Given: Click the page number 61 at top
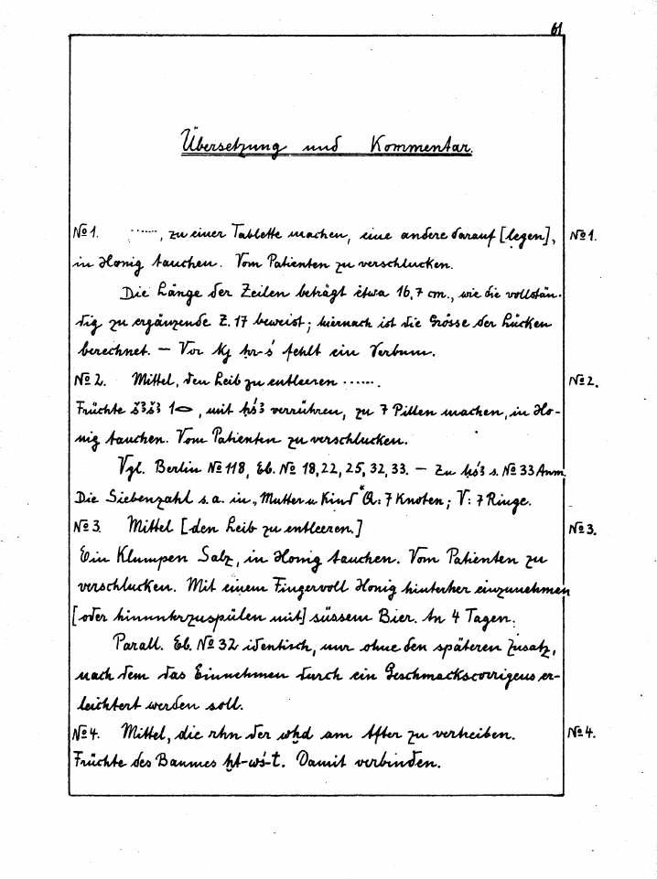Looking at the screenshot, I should pyautogui.click(x=556, y=29).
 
